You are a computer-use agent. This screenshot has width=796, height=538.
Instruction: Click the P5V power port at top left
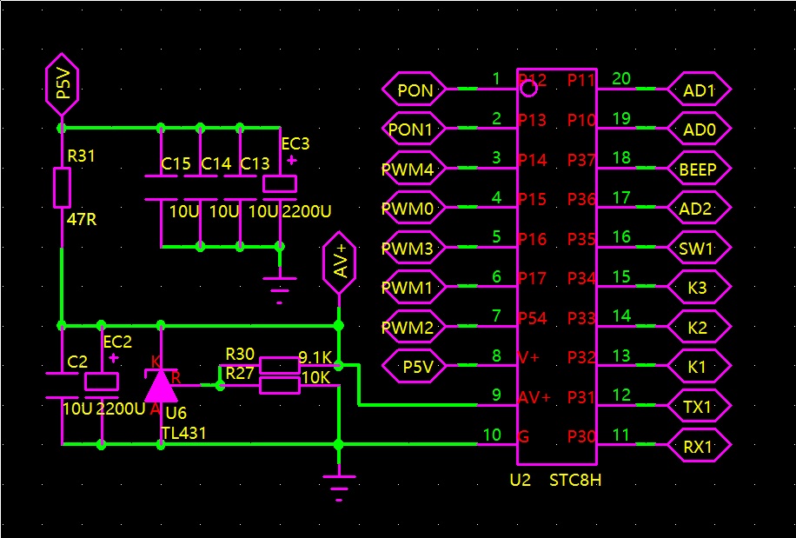tap(62, 87)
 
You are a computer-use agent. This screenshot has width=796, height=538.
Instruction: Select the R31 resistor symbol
tap(62, 188)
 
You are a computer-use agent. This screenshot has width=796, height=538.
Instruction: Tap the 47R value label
tap(81, 220)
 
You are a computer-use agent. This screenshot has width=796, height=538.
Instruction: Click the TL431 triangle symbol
tap(160, 383)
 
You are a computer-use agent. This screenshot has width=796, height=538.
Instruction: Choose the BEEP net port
tap(700, 169)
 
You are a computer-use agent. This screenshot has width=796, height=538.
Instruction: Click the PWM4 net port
tap(414, 169)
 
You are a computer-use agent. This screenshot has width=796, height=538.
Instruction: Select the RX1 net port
tap(700, 447)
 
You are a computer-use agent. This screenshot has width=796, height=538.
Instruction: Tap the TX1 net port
tap(700, 407)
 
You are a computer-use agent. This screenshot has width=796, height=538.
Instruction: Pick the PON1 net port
tap(414, 130)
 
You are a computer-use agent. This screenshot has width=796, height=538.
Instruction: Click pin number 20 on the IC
tap(621, 79)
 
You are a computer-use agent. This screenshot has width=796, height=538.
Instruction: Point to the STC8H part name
tap(575, 480)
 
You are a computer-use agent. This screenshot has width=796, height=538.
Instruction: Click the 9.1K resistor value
tap(315, 357)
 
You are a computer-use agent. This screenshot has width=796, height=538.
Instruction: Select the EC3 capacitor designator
tap(295, 143)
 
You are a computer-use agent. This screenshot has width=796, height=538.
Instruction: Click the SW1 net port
tap(700, 249)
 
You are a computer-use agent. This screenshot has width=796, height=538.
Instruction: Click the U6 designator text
tap(176, 413)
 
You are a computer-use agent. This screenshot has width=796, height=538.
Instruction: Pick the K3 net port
tap(700, 288)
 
